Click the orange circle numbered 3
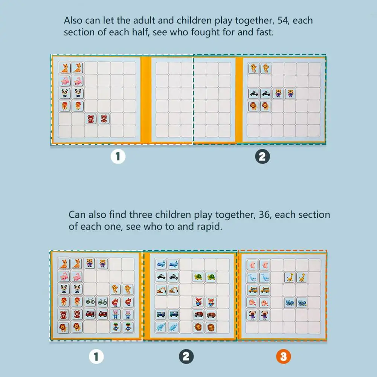(x=284, y=356)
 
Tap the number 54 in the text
(x=283, y=21)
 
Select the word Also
(x=73, y=20)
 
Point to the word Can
(x=77, y=215)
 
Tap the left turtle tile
(x=198, y=277)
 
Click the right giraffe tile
(x=302, y=277)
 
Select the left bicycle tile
(x=90, y=302)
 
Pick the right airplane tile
(x=173, y=264)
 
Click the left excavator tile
(x=160, y=290)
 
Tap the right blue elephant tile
(x=173, y=327)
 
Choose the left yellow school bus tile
(x=252, y=290)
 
